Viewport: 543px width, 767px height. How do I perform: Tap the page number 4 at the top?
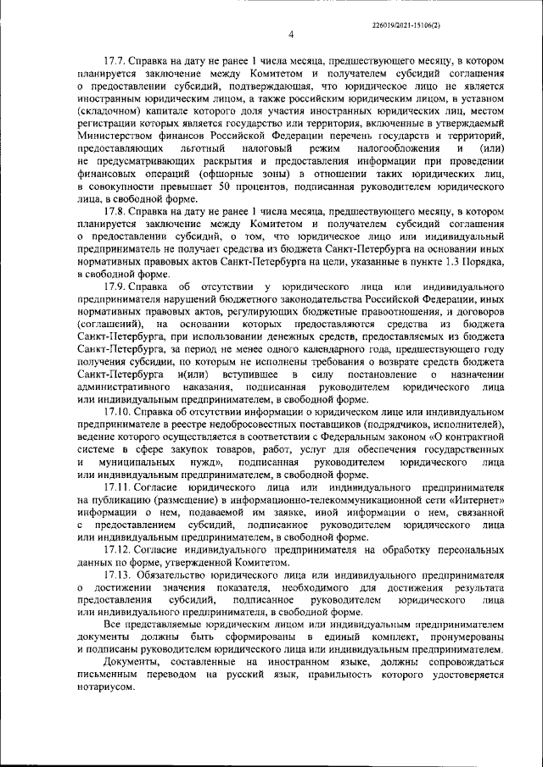(290, 35)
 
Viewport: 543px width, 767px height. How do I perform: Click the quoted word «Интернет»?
(473, 501)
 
